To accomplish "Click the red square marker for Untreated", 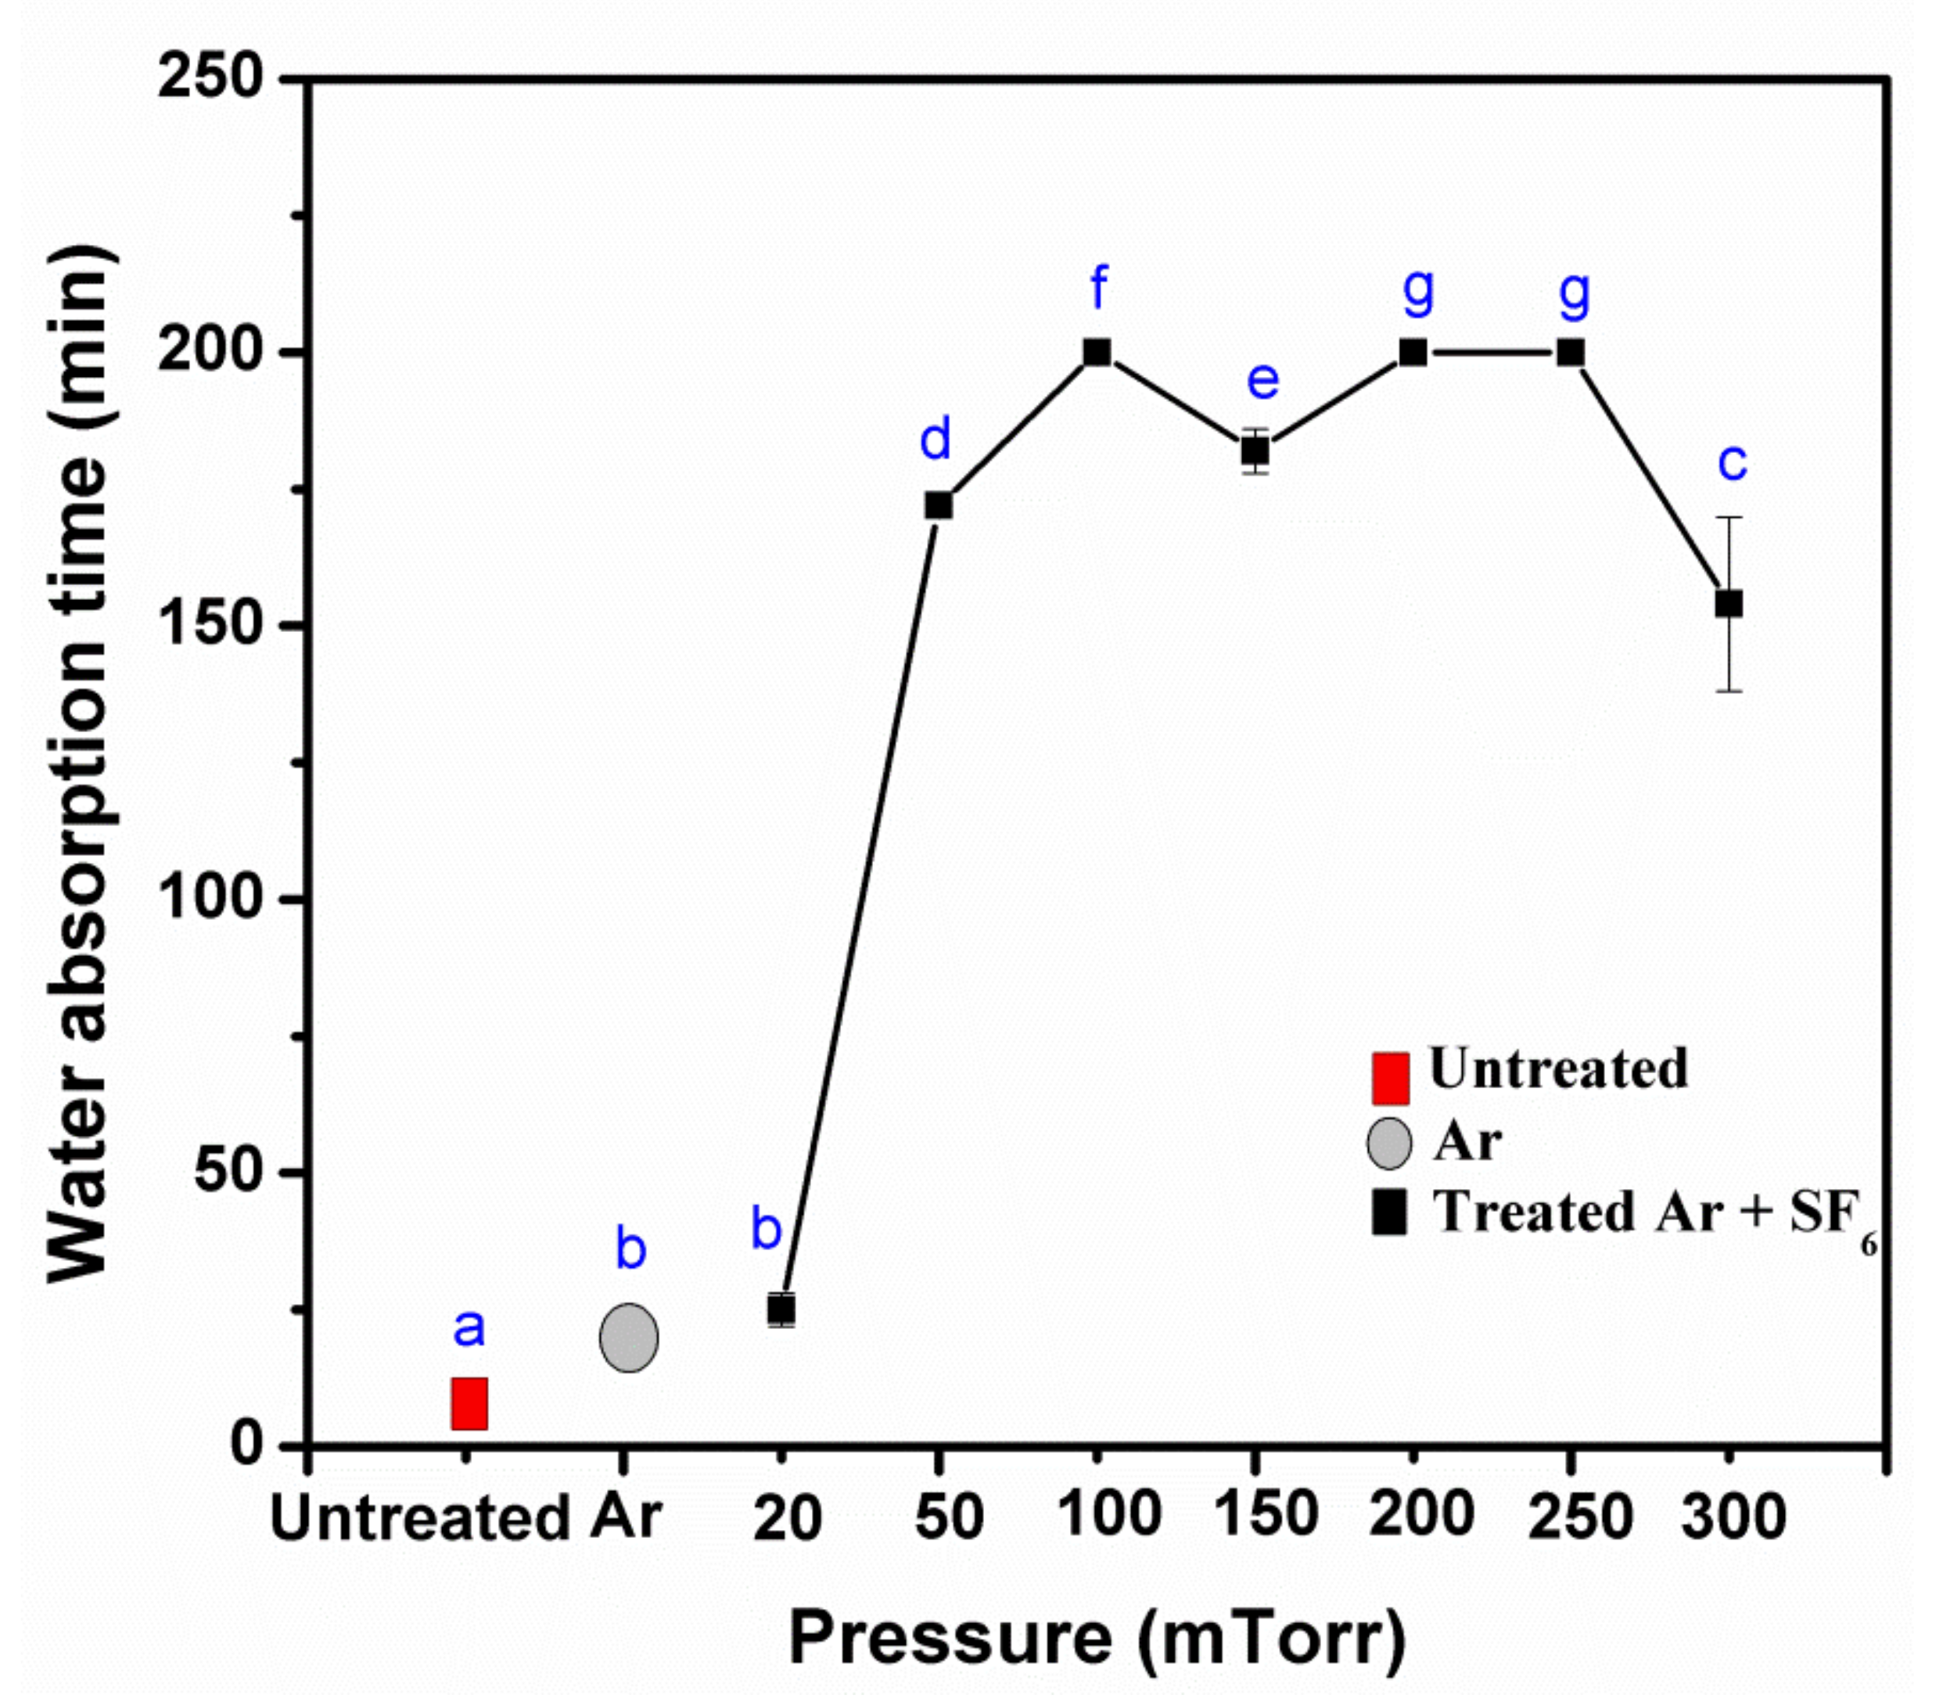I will pos(469,1403).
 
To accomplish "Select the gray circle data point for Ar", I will pos(629,1337).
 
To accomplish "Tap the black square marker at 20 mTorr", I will pos(781,1309).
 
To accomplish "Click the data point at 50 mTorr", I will pos(938,505).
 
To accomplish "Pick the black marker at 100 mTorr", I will pos(1097,353).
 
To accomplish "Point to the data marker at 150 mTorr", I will pos(1255,451).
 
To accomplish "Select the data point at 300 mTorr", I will pos(1729,604).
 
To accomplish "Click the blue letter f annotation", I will pos(1098,287).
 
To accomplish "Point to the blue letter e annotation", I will pos(1262,380).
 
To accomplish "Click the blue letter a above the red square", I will pos(469,1327).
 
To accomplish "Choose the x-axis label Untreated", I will pos(420,1518).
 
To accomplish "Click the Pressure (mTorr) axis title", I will pos(1097,1636).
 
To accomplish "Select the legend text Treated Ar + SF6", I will pos(1654,1213).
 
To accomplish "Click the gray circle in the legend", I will pos(1388,1143).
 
